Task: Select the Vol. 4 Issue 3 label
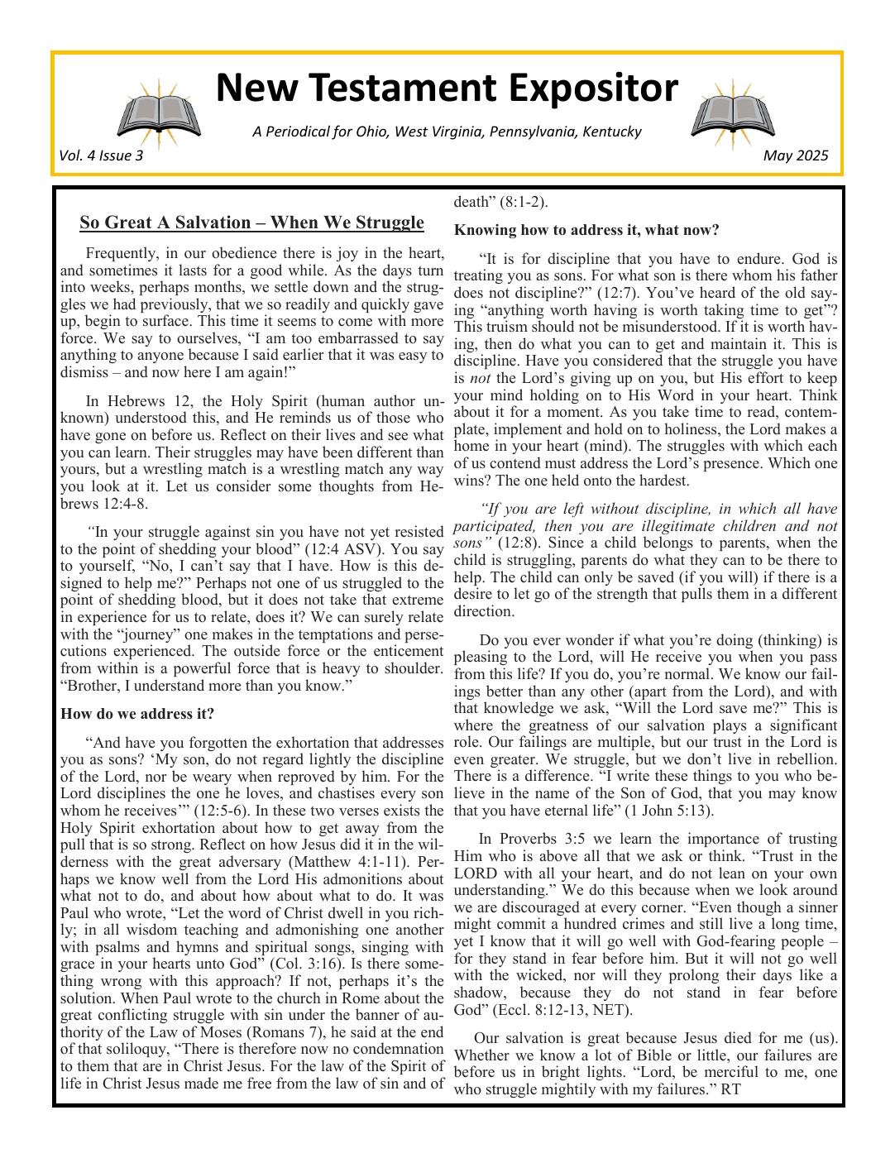[101, 156]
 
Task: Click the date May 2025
[795, 156]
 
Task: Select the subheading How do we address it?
[137, 714]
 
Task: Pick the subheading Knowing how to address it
[586, 229]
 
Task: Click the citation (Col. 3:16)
[308, 964]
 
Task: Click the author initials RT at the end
[730, 1089]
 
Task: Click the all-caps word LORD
[476, 873]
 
